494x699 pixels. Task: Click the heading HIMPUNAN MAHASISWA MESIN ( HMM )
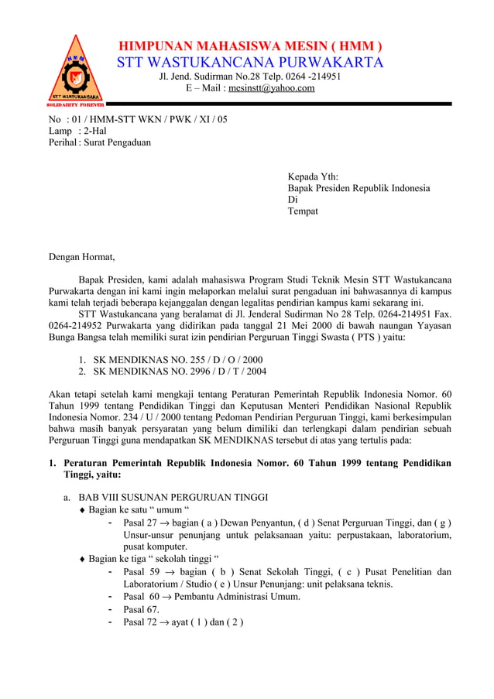[250, 46]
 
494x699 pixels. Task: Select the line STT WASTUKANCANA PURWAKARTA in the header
[250, 63]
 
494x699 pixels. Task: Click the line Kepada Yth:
[313, 176]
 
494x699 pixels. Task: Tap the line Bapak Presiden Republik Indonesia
[358, 188]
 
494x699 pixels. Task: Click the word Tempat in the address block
[303, 211]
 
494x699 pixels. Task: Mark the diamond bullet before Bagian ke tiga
[82, 559]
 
